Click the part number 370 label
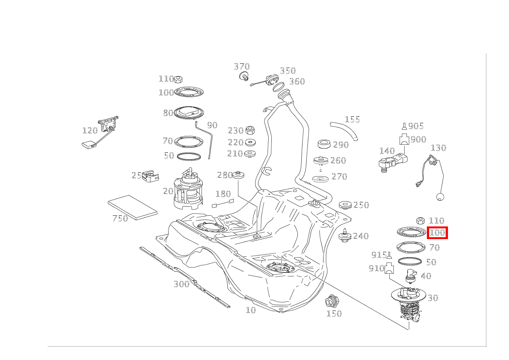242,67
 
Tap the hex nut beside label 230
250,129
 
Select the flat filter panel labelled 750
133,207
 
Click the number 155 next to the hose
352,119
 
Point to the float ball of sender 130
441,197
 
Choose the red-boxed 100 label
437,233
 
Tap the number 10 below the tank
251,310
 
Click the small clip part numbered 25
150,177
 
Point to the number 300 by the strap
182,284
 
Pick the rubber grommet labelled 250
345,205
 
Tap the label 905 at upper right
416,126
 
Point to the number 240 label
361,236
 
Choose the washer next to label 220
250,142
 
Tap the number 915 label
379,255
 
